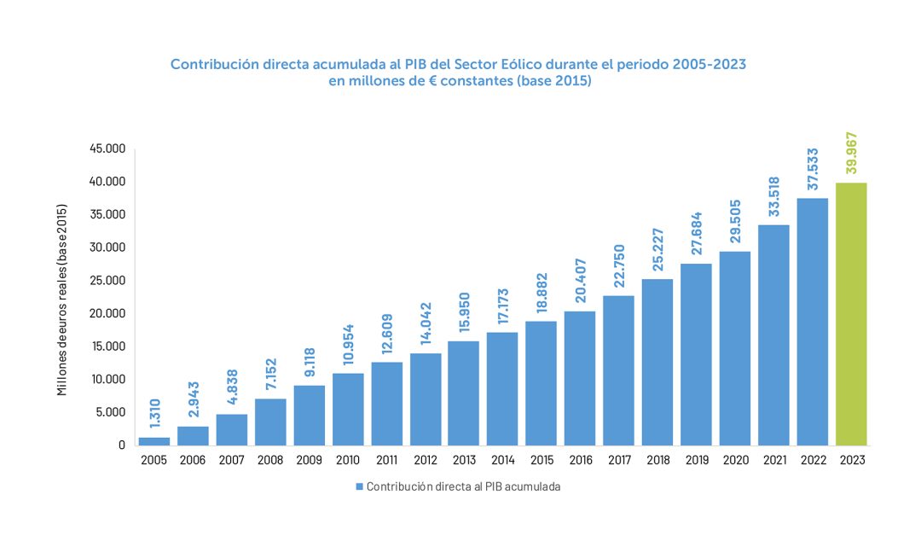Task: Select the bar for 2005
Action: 153,440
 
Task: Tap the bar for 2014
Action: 502,388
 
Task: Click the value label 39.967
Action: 851,153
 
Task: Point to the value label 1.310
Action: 154,414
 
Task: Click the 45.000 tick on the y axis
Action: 107,148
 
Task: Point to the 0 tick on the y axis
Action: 122,445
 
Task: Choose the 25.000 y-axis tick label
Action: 107,281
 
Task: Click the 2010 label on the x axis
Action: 348,460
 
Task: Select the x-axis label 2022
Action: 812,460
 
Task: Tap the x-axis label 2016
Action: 580,460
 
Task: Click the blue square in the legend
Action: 359,486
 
